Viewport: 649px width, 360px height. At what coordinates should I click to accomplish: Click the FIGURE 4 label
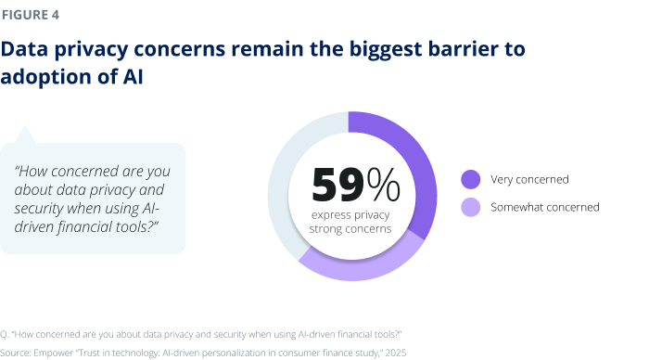pos(33,16)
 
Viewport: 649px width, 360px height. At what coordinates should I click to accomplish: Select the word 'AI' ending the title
pos(131,78)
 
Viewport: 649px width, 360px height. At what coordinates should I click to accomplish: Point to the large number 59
pos(338,184)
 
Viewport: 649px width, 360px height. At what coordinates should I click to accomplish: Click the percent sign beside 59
pos(384,184)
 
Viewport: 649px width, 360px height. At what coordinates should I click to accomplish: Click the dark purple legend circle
pos(470,179)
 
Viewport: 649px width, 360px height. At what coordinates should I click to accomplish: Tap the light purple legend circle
pos(470,207)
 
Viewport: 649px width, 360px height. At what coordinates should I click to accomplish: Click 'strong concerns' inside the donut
pos(351,228)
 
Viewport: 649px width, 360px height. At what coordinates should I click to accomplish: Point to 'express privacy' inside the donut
pos(351,214)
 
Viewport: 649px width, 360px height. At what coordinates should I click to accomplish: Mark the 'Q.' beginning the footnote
pos(6,333)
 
